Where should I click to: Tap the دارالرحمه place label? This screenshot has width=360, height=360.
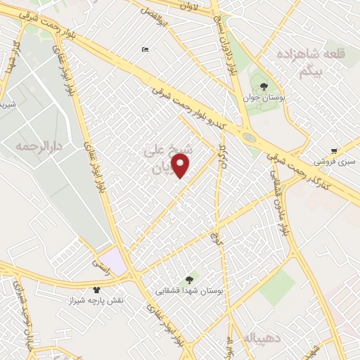pos(39,146)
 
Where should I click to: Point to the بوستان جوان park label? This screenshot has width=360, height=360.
pos(264,100)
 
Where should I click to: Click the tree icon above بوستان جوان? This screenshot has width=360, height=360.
pos(264,87)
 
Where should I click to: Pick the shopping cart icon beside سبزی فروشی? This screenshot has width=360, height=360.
pos(335,150)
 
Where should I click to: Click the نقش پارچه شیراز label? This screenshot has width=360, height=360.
pos(95,300)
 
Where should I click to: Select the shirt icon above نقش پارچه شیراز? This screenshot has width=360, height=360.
pos(96,289)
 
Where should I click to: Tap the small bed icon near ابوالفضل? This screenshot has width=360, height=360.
pos(145,49)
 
